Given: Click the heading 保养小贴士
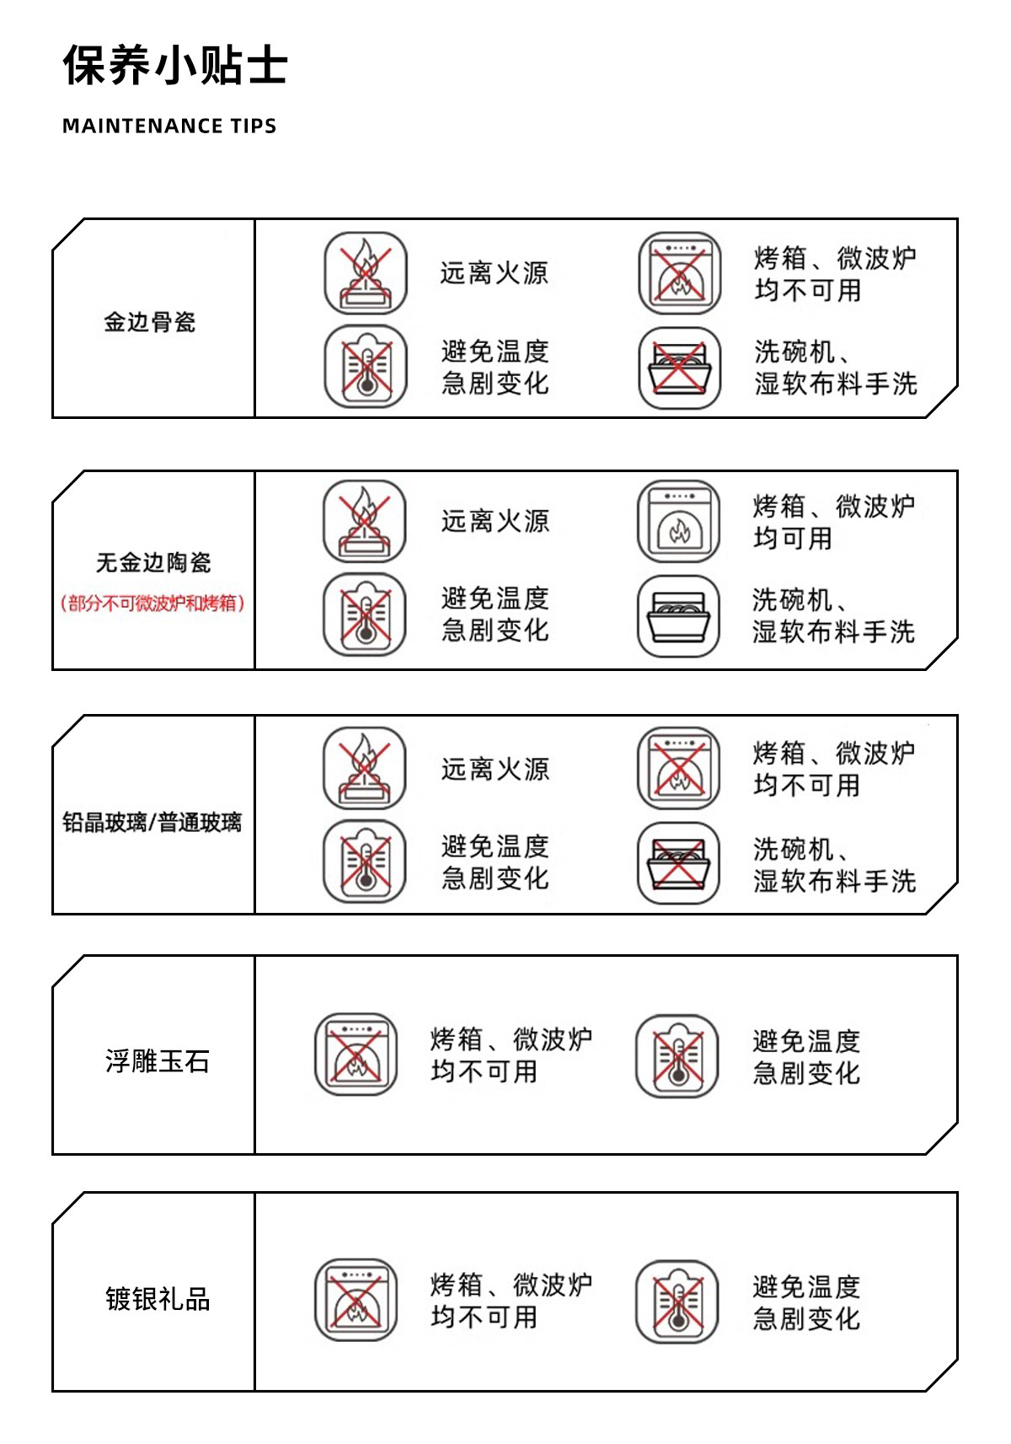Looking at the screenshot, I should click(x=175, y=66).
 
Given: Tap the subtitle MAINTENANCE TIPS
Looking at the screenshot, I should click(x=169, y=126).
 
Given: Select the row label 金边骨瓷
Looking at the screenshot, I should click(x=150, y=322).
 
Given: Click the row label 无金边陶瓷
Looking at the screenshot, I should click(x=153, y=562).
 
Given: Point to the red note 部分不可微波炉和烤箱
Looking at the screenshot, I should click(x=152, y=604).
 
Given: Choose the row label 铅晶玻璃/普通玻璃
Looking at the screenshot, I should click(x=152, y=822).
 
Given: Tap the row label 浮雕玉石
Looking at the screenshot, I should click(x=158, y=1060).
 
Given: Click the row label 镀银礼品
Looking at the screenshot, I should click(x=158, y=1299).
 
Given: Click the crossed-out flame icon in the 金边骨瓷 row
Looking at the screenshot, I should click(x=366, y=274).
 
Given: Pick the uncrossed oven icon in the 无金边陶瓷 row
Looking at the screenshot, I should click(x=678, y=521).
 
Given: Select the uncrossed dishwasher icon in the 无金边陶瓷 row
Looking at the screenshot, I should click(x=678, y=616).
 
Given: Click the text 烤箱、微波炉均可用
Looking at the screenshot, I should click(x=833, y=522).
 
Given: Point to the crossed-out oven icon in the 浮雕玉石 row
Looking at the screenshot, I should click(x=356, y=1055).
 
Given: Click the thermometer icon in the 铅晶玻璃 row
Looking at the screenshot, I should click(x=365, y=862).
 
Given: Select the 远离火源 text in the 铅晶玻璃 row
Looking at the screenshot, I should click(x=495, y=769).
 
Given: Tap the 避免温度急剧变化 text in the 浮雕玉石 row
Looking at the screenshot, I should click(x=806, y=1057).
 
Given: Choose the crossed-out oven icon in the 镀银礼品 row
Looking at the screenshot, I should click(x=356, y=1301).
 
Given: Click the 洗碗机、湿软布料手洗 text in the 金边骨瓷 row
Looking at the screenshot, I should click(x=835, y=368).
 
